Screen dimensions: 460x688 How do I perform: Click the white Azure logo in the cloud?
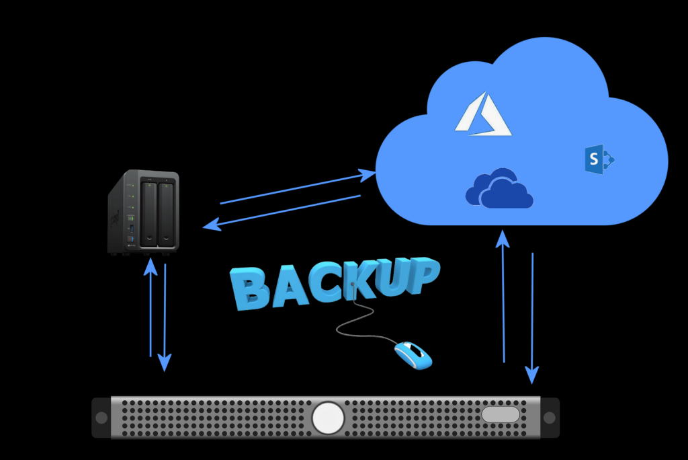(483, 115)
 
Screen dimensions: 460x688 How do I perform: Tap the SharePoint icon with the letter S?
(599, 159)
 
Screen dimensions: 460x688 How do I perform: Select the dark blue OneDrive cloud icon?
(499, 189)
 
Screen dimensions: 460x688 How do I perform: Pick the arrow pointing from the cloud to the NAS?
(282, 213)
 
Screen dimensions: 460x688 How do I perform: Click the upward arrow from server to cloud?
(503, 295)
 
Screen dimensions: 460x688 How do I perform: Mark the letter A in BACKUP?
(286, 289)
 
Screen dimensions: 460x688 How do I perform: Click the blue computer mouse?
(413, 354)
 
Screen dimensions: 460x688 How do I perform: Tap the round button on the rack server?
(328, 418)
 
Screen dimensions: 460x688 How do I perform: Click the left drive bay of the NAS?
(148, 215)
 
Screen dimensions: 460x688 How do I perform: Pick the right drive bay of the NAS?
(165, 215)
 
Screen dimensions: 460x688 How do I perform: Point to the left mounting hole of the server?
(101, 418)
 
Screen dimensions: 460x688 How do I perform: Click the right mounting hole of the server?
(549, 418)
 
